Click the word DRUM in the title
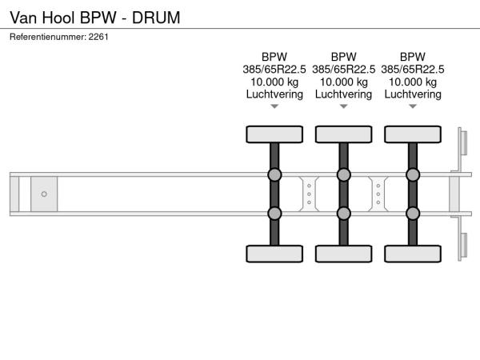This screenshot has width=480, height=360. pyautogui.click(x=156, y=18)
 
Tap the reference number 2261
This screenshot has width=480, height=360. pyautogui.click(x=98, y=37)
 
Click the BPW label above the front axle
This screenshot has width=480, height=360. pyautogui.click(x=274, y=57)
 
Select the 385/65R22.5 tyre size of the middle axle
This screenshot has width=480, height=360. pyautogui.click(x=343, y=70)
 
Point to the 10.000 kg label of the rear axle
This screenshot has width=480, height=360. pyautogui.click(x=413, y=82)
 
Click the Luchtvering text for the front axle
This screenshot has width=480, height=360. pyautogui.click(x=274, y=94)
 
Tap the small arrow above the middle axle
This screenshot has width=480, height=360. pyautogui.click(x=343, y=106)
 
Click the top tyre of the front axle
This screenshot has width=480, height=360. pyautogui.click(x=274, y=134)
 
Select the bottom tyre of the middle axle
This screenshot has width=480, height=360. pyautogui.click(x=343, y=254)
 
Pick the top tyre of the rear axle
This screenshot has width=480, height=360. pyautogui.click(x=413, y=134)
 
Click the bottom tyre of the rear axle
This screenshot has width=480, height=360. pyautogui.click(x=413, y=254)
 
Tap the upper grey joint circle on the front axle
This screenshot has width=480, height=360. pyautogui.click(x=274, y=174)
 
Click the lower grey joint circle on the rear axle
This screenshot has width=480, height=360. pyautogui.click(x=413, y=214)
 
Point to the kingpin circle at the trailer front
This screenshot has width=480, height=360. pyautogui.click(x=44, y=194)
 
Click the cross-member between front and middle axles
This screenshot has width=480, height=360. pyautogui.click(x=309, y=194)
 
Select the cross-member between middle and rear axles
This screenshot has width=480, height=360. pyautogui.click(x=378, y=194)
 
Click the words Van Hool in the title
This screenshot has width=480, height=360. pyautogui.click(x=42, y=18)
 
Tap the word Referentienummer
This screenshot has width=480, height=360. pyautogui.click(x=48, y=37)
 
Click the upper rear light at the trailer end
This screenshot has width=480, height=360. pyautogui.click(x=464, y=142)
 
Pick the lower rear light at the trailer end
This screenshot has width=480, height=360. pyautogui.click(x=464, y=245)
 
